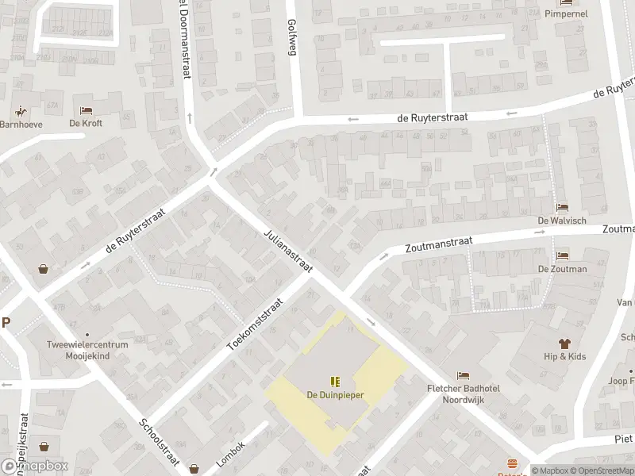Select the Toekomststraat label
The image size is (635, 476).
tap(256, 325)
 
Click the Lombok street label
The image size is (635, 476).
tap(230, 454)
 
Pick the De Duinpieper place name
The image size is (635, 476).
tap(334, 394)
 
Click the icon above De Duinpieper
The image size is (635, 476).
tap(334, 382)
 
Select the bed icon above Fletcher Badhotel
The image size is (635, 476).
tap(463, 375)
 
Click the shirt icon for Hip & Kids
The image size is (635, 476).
tap(564, 344)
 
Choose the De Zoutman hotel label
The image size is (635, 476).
tap(562, 269)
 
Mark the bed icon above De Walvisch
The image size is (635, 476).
tap(562, 207)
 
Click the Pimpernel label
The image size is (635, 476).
tap(565, 14)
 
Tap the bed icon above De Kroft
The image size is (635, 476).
tap(86, 110)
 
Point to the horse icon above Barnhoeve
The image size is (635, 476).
tap(18, 110)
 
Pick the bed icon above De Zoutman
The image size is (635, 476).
tap(562, 256)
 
